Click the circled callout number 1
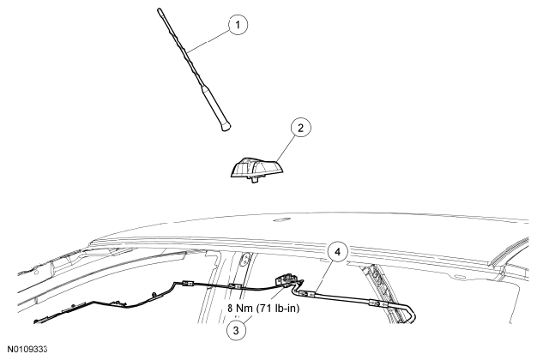tap(238, 25)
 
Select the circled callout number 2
tap(301, 128)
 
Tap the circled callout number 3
tap(236, 331)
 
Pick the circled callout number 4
tap(338, 252)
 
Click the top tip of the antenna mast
tap(160, 9)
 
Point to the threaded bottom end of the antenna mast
tap(226, 127)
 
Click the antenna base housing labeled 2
tap(256, 168)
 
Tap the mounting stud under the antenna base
tap(255, 179)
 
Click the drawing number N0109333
tap(27, 350)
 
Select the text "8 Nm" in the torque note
tap(239, 309)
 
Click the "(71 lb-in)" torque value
tap(277, 309)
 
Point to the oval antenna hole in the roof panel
tap(279, 221)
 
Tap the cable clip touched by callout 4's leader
tap(306, 293)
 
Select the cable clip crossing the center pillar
tap(235, 286)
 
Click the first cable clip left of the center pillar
tap(188, 284)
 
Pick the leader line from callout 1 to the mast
tap(208, 41)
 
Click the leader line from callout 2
tap(286, 147)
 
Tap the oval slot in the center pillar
tap(245, 260)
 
